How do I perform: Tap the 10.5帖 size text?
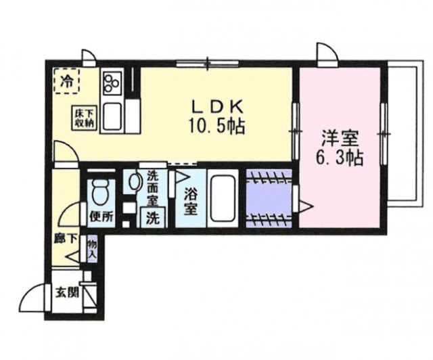tap(216, 127)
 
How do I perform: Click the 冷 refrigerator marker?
tap(67, 83)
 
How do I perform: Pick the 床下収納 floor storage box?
tap(85, 118)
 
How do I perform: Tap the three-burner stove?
tap(112, 84)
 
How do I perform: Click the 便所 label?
tap(99, 218)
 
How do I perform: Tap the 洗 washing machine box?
tap(153, 218)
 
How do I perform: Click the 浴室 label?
tap(191, 201)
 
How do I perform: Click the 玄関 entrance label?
tap(66, 293)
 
